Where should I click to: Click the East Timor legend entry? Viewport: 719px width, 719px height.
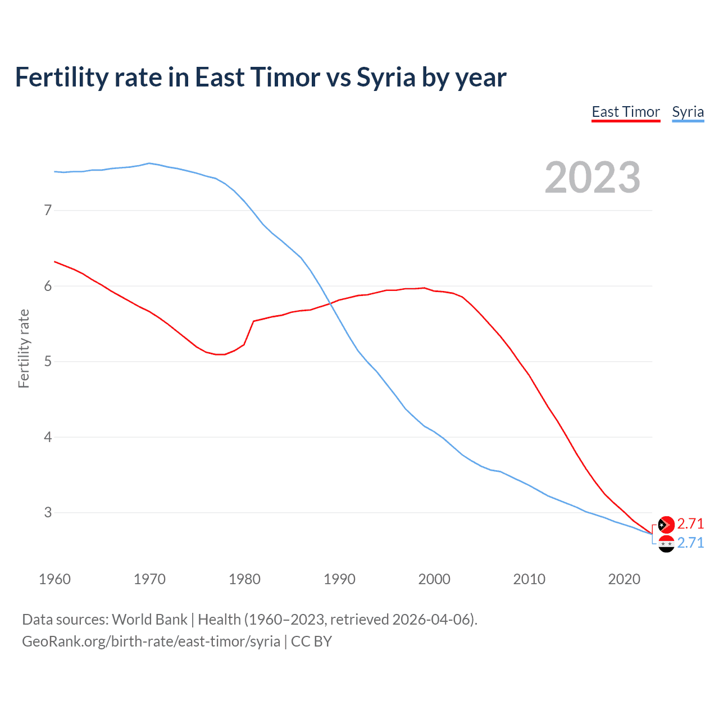point(626,112)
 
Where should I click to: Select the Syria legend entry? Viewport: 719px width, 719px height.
point(688,112)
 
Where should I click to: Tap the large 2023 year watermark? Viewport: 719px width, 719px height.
point(592,178)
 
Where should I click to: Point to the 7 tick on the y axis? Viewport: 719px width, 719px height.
point(48,211)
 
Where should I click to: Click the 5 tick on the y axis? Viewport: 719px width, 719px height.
point(48,361)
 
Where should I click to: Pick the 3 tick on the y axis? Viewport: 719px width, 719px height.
point(48,512)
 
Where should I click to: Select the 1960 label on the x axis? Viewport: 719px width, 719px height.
point(54,579)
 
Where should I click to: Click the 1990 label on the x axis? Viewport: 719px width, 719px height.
point(339,579)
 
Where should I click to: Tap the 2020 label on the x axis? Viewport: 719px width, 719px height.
point(624,579)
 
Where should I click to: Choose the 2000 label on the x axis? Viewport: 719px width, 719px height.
point(434,579)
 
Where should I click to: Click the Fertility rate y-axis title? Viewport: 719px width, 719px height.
point(24,348)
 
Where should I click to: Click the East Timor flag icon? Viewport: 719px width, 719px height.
point(666,524)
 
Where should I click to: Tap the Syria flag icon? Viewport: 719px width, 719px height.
point(666,543)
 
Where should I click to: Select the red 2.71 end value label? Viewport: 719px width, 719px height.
point(690,524)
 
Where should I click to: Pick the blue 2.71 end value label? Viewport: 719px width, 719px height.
point(690,543)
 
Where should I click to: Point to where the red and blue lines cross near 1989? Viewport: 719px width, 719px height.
point(331,304)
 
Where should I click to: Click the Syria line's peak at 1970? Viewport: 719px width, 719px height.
point(149,163)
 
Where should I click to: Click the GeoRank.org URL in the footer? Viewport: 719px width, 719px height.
point(151,641)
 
